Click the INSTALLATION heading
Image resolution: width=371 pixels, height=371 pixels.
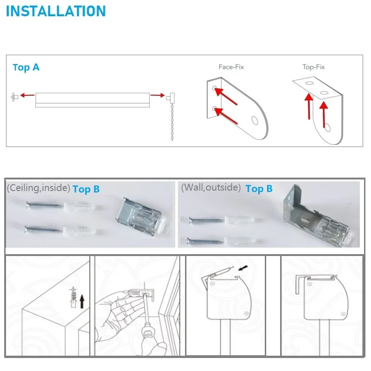(56, 11)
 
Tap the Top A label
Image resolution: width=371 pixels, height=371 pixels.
(26, 67)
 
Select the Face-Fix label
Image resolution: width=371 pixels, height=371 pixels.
(231, 67)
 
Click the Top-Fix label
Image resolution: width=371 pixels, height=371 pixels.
(313, 67)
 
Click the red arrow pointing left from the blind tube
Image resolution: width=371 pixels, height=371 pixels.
(27, 96)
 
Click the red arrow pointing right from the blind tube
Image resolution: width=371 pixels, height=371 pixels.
(157, 95)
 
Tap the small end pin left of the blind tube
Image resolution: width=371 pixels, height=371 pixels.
(15, 97)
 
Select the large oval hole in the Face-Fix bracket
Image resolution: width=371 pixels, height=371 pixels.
(255, 120)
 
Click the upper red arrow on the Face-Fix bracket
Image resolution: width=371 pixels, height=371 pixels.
(226, 96)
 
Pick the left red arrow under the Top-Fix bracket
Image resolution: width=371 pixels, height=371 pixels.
(309, 106)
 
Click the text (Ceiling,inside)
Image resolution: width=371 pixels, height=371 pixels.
(38, 188)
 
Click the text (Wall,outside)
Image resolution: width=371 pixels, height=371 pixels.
(211, 187)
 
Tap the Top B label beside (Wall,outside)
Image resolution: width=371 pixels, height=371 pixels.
(259, 189)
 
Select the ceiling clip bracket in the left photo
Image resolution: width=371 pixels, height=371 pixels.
(143, 217)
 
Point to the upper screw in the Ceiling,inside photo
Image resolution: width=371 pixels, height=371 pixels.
(45, 205)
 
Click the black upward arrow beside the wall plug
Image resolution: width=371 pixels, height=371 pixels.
(82, 301)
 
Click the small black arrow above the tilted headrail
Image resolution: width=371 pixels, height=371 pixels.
(243, 268)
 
